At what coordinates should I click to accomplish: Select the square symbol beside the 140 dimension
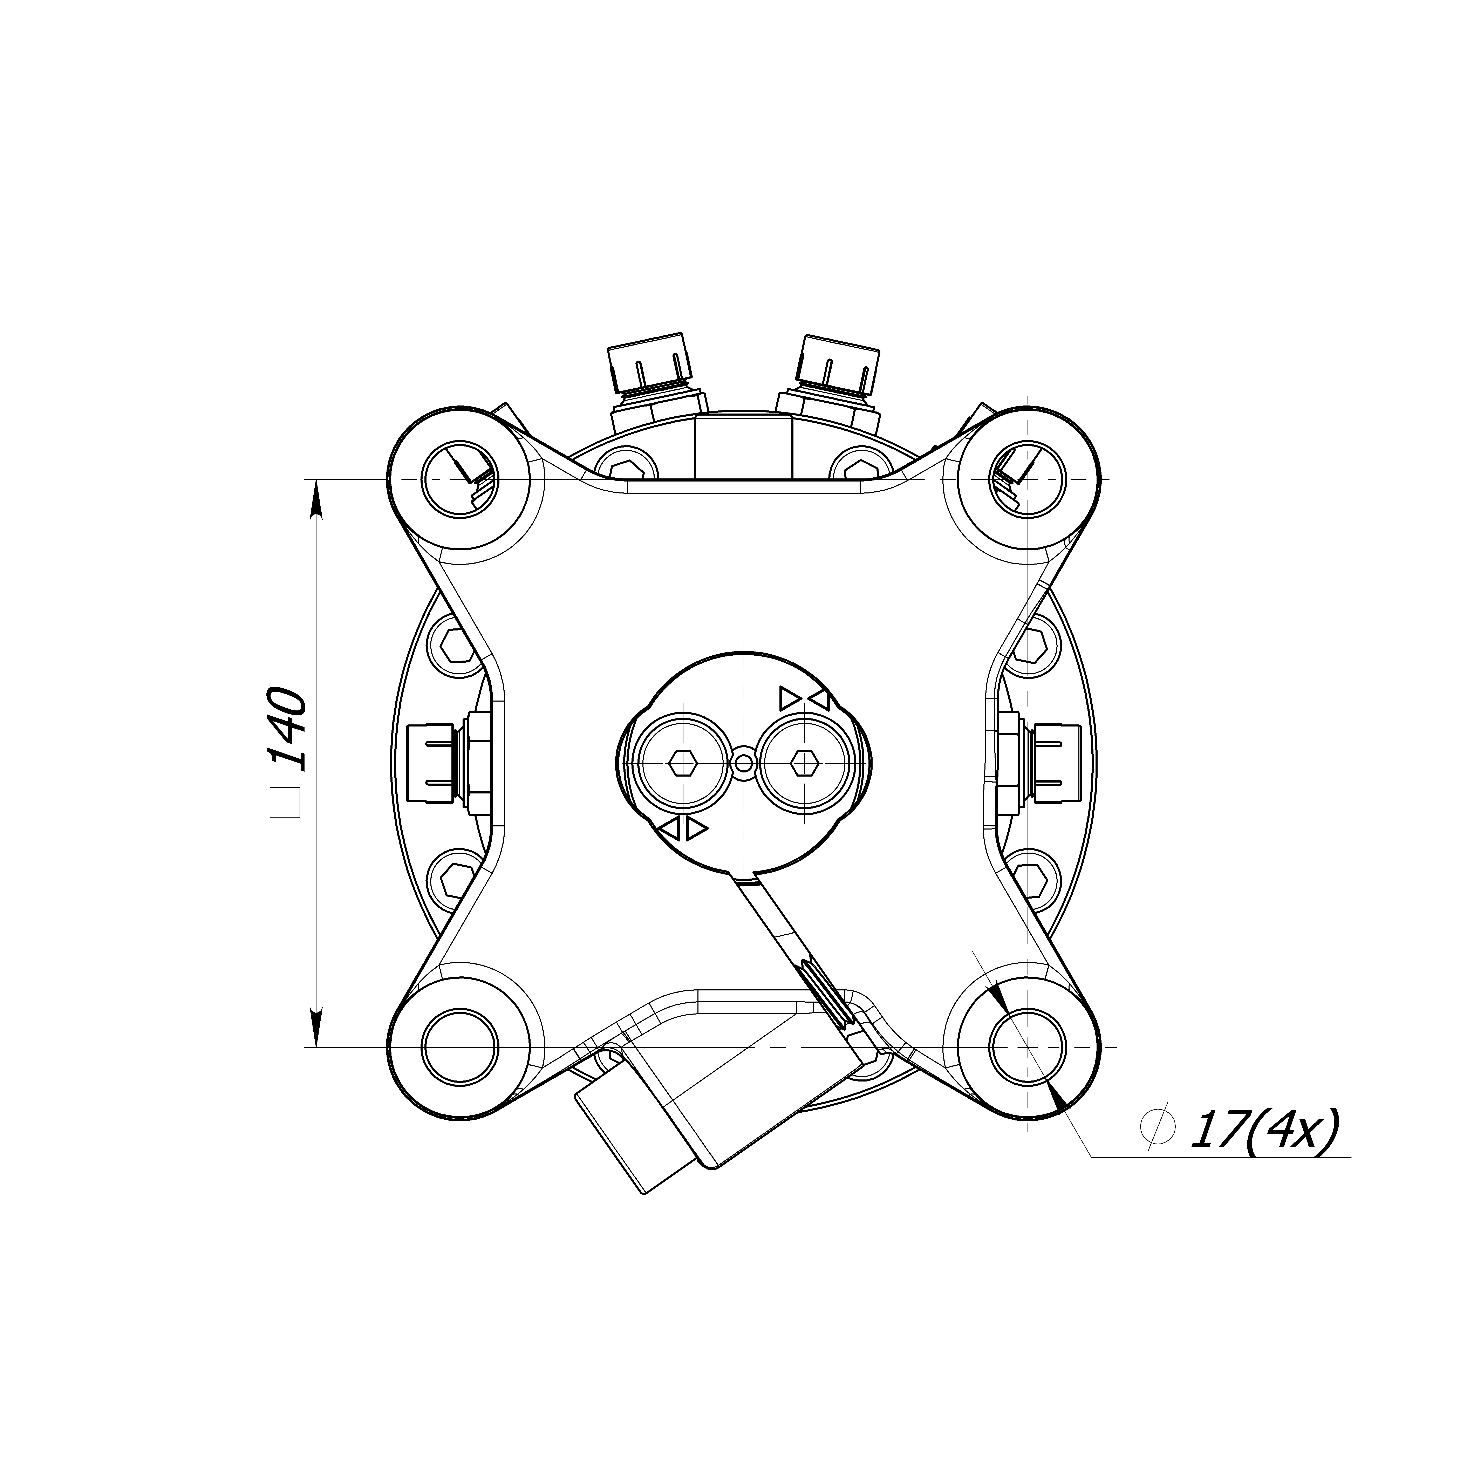(x=286, y=802)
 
